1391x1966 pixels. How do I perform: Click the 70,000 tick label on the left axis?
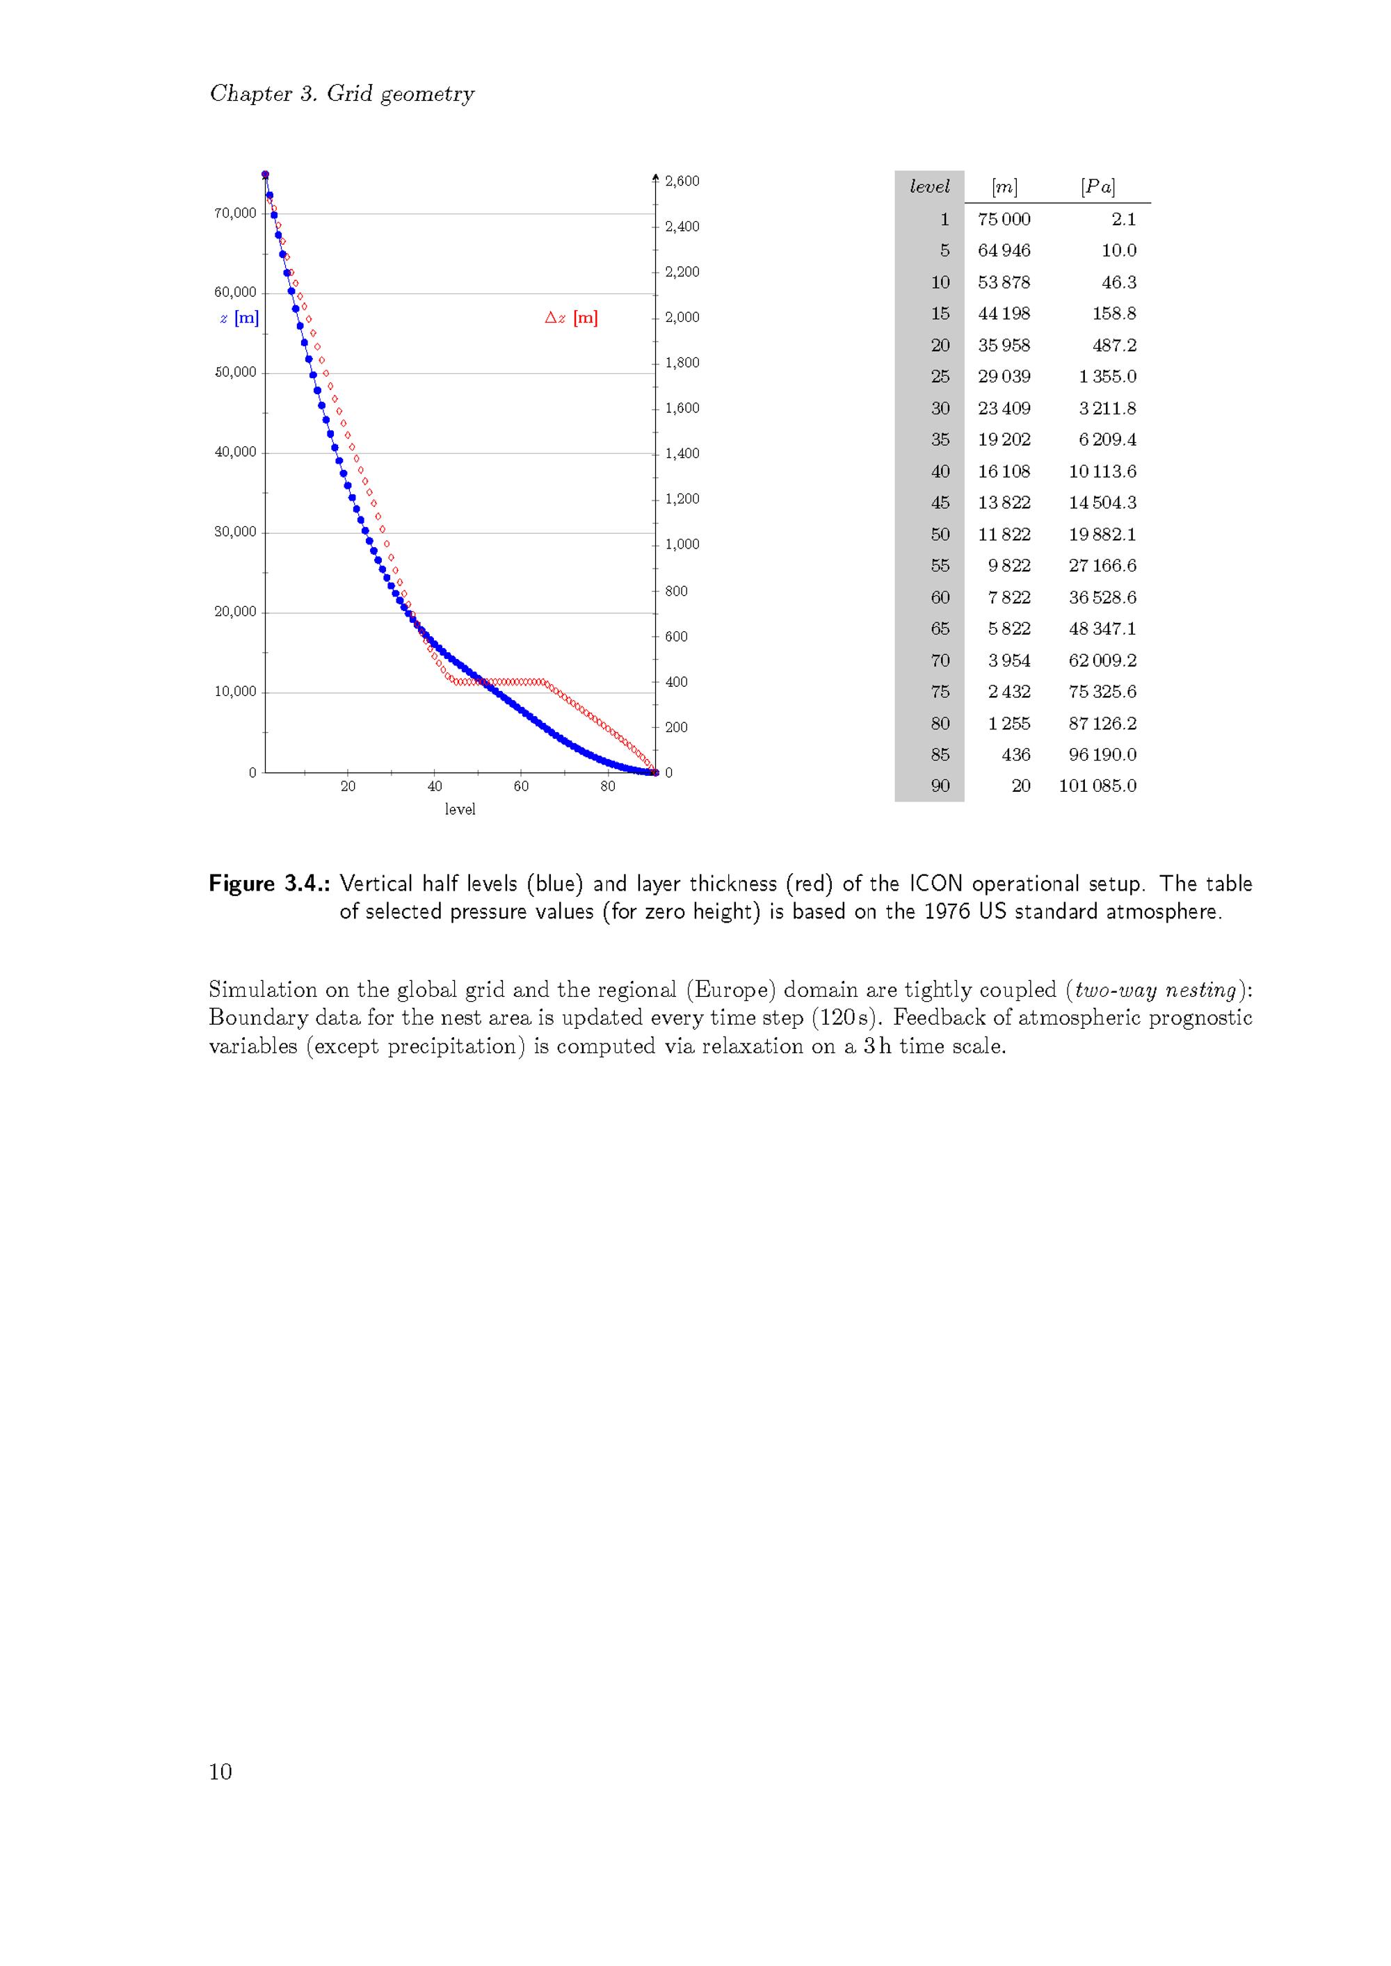(234, 213)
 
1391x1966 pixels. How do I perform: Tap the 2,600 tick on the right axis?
(682, 181)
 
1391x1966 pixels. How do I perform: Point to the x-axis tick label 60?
(521, 787)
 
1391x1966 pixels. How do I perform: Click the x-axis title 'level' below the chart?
(460, 809)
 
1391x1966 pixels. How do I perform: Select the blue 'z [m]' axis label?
(239, 318)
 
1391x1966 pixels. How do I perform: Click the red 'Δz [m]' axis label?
(571, 318)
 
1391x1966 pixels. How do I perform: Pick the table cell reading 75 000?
(1004, 219)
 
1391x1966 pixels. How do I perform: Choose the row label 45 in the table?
(940, 503)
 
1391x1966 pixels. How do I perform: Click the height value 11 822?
(1004, 535)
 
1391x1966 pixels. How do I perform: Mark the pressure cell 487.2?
(1113, 345)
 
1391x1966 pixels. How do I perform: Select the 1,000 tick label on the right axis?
(682, 544)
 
